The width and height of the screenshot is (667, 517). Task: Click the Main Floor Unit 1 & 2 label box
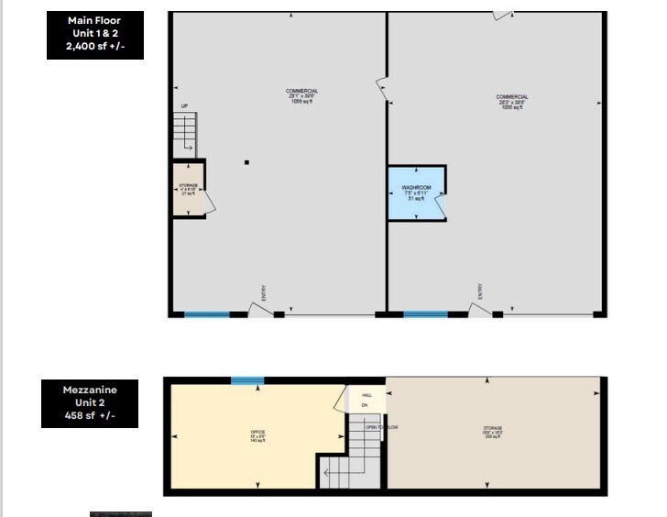tap(94, 35)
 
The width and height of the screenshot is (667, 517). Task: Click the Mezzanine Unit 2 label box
tap(89, 404)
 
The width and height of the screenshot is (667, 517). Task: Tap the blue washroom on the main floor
tap(417, 192)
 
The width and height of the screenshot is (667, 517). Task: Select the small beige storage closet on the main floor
tap(189, 190)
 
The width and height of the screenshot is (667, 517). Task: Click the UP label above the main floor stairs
tap(183, 106)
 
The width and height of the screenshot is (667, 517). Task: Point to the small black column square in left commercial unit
tap(246, 163)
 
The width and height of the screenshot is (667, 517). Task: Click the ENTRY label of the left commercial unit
tap(264, 294)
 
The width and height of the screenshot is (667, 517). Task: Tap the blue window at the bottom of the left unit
tap(207, 314)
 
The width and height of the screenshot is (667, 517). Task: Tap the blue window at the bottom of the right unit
tap(426, 314)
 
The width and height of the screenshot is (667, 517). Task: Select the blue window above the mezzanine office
tap(247, 380)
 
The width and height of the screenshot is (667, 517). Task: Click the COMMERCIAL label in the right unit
tap(512, 97)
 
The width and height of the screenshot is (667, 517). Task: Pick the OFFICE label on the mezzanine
tap(258, 432)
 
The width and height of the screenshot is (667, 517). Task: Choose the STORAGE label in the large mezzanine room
tap(493, 428)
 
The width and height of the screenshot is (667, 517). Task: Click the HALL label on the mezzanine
tap(366, 395)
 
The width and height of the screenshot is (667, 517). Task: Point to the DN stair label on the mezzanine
tap(364, 404)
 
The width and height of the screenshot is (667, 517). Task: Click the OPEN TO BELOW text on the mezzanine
tap(382, 427)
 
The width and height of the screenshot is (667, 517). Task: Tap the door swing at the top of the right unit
tap(501, 15)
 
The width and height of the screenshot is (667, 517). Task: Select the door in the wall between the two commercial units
tap(382, 89)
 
